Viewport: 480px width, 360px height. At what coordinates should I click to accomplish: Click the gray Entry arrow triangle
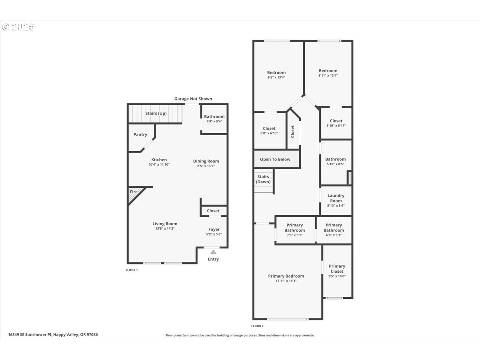[x=214, y=252]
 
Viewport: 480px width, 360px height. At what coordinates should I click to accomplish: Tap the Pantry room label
[x=140, y=134]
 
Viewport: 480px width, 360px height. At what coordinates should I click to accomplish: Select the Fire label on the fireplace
[x=134, y=192]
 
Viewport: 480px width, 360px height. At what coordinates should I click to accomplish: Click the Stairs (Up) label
[x=156, y=113]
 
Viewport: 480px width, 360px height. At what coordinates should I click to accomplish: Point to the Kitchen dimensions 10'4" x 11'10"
[x=159, y=164]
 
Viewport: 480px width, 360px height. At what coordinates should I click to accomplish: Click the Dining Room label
[x=206, y=161]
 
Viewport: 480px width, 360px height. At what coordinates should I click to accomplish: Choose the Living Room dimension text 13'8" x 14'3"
[x=165, y=228]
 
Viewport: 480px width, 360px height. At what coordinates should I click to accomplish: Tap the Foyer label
[x=214, y=229]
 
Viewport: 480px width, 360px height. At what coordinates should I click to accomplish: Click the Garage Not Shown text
[x=193, y=99]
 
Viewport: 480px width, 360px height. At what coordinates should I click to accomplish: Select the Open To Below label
[x=275, y=159]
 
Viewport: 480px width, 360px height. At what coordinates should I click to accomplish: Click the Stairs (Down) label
[x=263, y=179]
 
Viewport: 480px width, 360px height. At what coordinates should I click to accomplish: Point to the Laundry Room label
[x=336, y=198]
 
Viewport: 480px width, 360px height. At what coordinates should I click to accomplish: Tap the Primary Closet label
[x=337, y=269]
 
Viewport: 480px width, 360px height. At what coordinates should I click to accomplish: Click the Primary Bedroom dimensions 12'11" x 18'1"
[x=286, y=281]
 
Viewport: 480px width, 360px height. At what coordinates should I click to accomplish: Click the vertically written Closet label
[x=292, y=132]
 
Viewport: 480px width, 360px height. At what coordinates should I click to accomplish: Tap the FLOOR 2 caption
[x=257, y=326]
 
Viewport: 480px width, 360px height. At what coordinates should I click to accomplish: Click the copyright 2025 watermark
[x=18, y=27]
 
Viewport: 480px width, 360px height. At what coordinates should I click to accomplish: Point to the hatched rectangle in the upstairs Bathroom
[x=350, y=178]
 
